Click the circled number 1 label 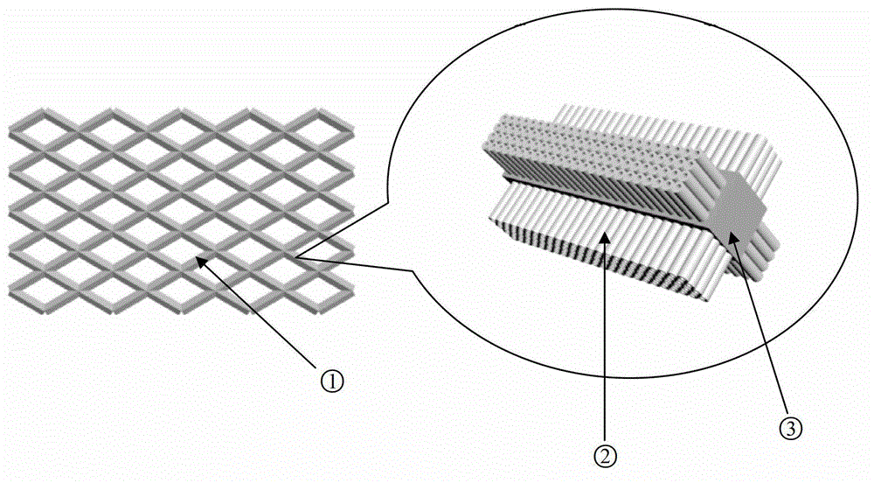pos(332,381)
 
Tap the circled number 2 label pos(606,458)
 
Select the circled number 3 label pos(791,429)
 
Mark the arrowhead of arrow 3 pos(733,236)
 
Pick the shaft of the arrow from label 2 pos(606,340)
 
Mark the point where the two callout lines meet pos(296,257)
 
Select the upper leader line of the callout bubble pos(343,230)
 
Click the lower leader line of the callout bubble pos(355,264)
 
